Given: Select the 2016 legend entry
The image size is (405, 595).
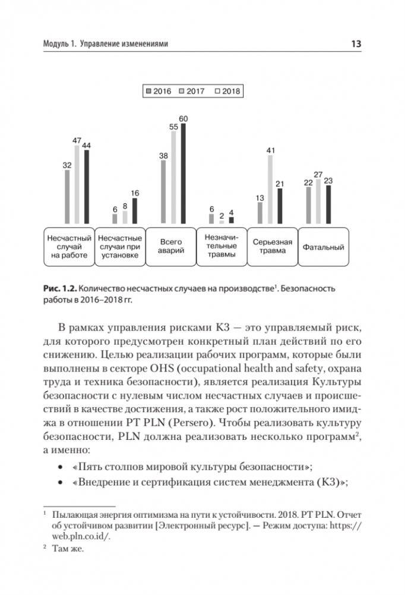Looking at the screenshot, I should click(159, 92).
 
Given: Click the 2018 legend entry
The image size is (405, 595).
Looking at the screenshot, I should click(227, 92).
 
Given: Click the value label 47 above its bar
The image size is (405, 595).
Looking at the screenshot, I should click(77, 140).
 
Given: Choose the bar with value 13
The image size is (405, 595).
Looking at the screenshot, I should click(260, 213).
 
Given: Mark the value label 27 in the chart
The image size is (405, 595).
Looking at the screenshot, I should click(318, 174).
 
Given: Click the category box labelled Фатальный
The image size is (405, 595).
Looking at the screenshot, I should click(323, 246).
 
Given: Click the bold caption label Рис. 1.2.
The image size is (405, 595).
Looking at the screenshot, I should click(59, 289).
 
